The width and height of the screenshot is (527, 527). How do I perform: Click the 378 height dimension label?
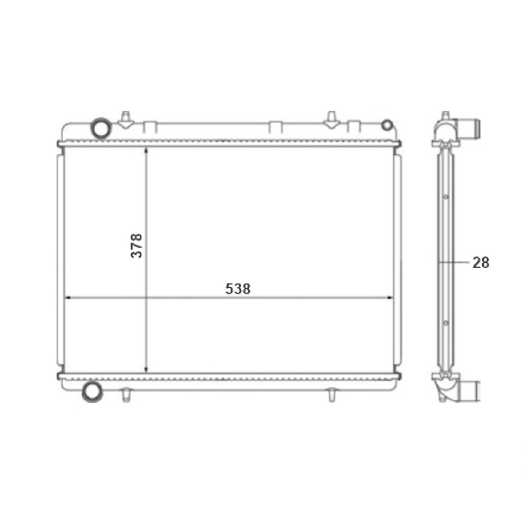[x=137, y=245]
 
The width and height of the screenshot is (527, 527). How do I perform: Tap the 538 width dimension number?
[x=238, y=289]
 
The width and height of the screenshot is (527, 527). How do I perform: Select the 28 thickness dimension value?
[x=481, y=262]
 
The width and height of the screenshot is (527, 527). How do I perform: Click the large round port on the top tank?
[x=100, y=127]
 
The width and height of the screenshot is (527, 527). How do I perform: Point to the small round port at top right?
[x=387, y=125]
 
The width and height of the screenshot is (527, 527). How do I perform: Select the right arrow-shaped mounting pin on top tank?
[x=331, y=120]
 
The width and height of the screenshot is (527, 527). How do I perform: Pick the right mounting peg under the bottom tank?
[x=331, y=395]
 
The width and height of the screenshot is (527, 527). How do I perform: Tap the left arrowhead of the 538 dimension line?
[x=67, y=298]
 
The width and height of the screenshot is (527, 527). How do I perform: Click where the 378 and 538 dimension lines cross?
[x=145, y=298]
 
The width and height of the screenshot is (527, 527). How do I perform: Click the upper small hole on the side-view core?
[x=446, y=198]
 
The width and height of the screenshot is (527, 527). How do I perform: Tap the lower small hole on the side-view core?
[x=446, y=321]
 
